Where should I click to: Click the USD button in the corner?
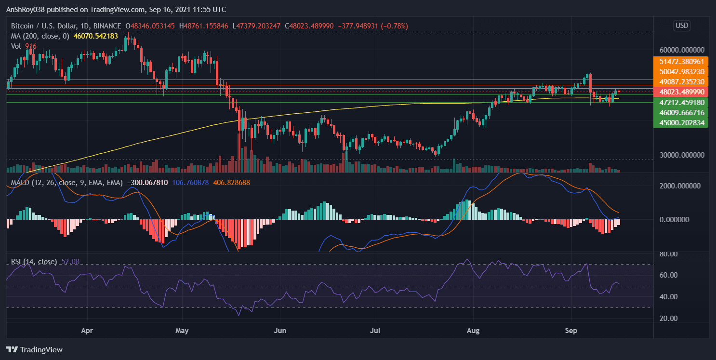point(682,26)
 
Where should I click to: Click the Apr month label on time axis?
point(87,332)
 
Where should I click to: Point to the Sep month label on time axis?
point(571,332)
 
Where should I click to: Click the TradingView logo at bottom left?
point(35,350)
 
